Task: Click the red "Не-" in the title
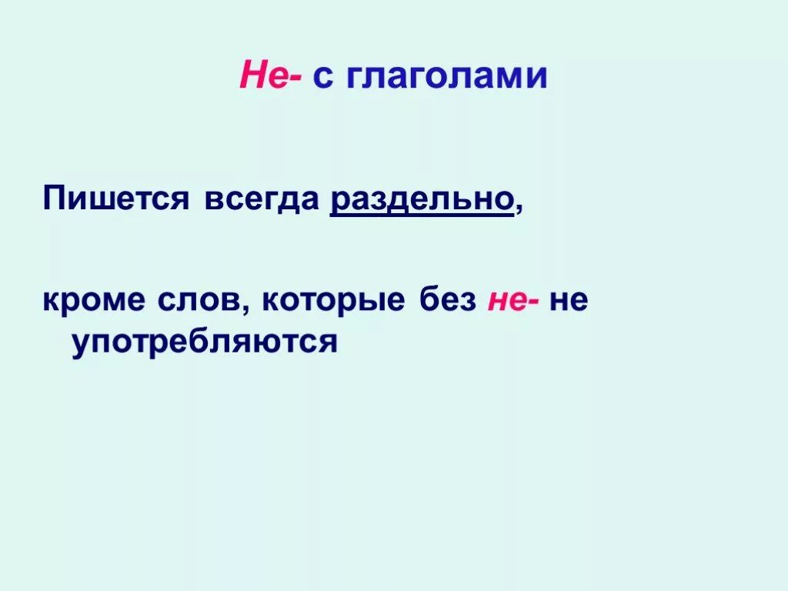tap(270, 77)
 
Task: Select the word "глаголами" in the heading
tap(446, 78)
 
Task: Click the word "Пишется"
tap(115, 200)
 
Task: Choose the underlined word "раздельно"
tap(422, 200)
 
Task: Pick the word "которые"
tap(332, 301)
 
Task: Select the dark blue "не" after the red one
tap(569, 301)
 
